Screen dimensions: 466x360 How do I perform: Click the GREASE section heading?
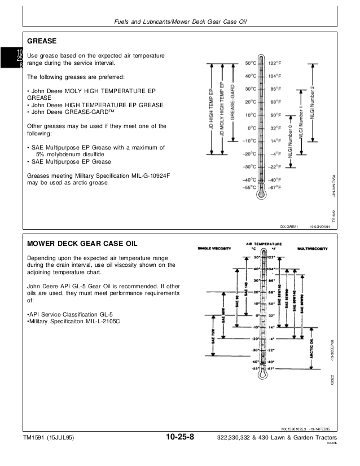43,42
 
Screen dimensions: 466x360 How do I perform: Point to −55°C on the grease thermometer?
250,187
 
